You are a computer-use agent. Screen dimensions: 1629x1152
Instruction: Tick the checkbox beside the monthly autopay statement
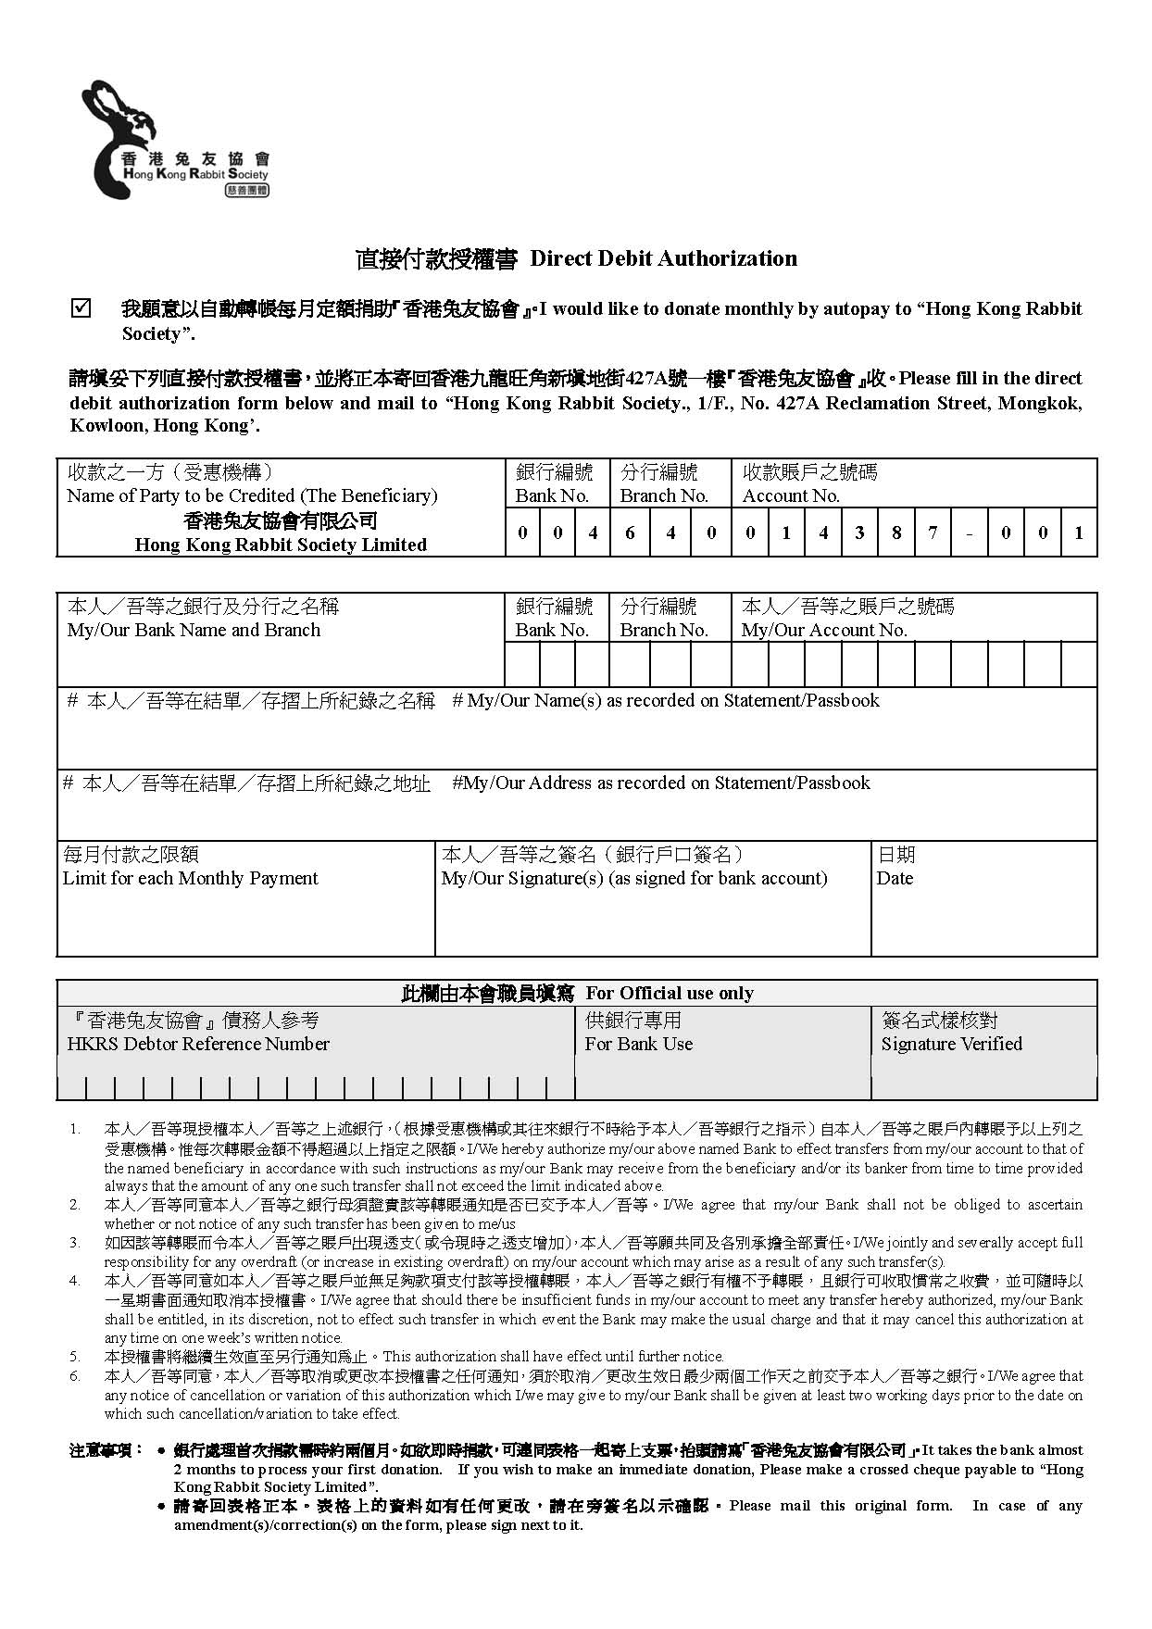point(81,307)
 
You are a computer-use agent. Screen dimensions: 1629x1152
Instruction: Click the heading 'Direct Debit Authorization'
point(663,258)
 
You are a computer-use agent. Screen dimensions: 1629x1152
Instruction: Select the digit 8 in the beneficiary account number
point(895,533)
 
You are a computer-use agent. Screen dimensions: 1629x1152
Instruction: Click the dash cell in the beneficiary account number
point(969,533)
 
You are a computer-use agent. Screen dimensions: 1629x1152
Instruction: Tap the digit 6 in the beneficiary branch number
point(630,533)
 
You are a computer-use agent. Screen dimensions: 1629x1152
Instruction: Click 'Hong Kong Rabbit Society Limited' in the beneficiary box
point(281,545)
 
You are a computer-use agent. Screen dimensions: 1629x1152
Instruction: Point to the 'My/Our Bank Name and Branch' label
point(194,630)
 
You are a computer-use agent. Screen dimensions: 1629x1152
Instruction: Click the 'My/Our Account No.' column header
point(824,630)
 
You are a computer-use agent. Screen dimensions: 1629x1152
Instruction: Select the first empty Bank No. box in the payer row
point(522,665)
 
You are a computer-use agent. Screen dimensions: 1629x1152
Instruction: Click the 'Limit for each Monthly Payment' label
point(190,878)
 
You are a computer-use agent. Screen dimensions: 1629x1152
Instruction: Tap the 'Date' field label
point(895,878)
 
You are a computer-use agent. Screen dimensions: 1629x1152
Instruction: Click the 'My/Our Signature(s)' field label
point(634,878)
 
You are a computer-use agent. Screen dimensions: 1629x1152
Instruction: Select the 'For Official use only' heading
point(670,993)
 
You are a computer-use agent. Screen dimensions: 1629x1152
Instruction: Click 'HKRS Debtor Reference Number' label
point(198,1044)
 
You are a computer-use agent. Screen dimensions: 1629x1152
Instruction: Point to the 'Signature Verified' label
point(951,1044)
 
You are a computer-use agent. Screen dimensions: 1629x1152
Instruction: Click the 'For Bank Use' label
point(638,1044)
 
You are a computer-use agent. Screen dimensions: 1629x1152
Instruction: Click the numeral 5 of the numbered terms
point(75,1356)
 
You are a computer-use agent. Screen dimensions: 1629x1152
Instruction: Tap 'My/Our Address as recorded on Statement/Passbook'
point(661,783)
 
